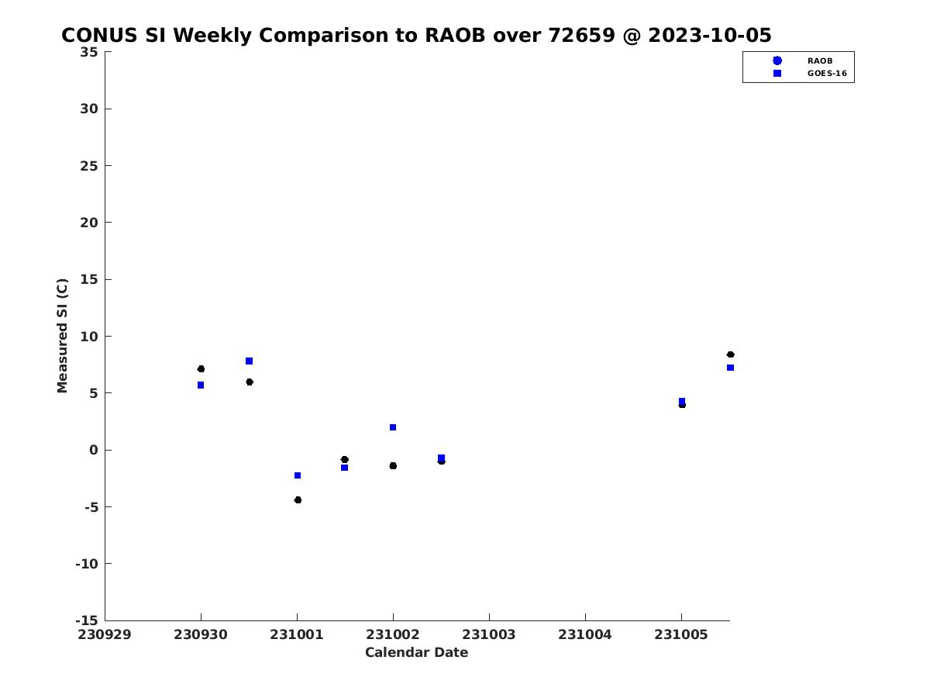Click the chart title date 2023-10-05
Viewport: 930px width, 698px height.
709,35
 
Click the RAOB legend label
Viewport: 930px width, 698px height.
819,61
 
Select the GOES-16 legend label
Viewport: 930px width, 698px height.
827,74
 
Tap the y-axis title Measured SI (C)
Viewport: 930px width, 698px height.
62,335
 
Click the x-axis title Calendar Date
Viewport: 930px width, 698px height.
416,652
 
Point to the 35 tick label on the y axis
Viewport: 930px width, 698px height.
89,52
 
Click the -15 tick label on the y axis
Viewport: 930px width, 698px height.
87,620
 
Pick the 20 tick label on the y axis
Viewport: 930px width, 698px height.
89,223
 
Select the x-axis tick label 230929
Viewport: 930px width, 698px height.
104,634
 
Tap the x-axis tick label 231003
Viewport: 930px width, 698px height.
488,634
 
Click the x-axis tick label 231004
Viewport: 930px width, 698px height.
584,634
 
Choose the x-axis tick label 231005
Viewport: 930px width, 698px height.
681,634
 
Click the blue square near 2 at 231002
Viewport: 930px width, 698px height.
393,427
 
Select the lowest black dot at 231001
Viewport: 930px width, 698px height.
298,500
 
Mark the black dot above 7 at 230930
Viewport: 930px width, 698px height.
201,368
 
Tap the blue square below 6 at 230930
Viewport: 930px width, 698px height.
201,385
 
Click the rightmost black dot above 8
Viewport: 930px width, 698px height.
730,354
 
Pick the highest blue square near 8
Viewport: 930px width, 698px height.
249,361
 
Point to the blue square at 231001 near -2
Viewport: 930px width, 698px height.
298,475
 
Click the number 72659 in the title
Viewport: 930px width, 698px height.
581,35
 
